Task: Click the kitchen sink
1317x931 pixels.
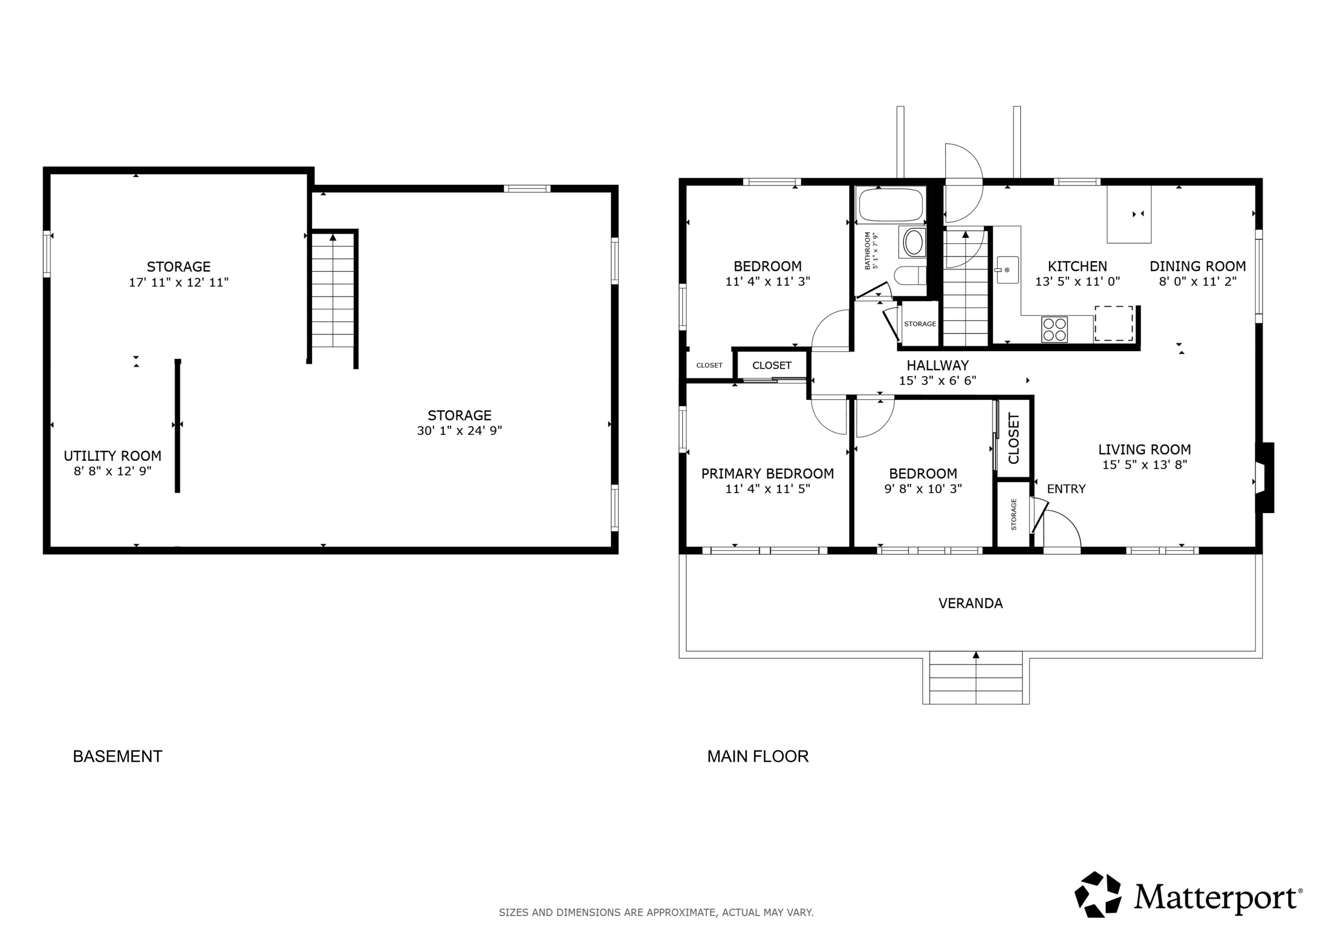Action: coord(1007,270)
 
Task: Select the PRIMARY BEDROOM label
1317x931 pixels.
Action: coord(767,474)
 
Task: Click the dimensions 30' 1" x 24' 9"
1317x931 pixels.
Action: coord(460,431)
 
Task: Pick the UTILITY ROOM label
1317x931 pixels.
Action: coord(112,456)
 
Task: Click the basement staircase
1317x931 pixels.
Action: coord(333,290)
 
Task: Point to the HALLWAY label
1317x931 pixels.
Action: coord(937,365)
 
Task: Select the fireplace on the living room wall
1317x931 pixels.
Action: coord(1264,477)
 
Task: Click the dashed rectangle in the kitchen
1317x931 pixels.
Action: coord(1113,324)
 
